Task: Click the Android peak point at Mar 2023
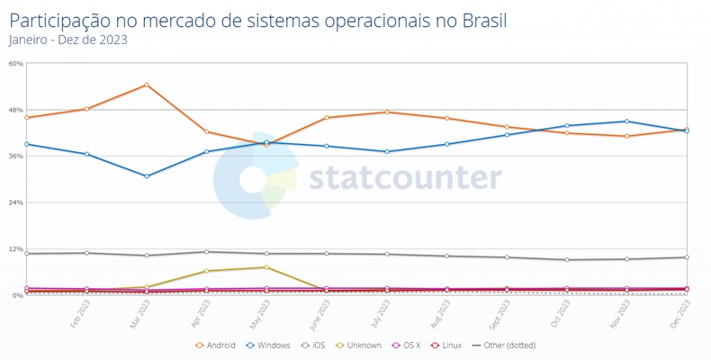(x=147, y=85)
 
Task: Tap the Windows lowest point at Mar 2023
(x=147, y=176)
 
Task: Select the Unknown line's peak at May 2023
(x=266, y=267)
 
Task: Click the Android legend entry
(x=216, y=345)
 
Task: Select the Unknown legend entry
(x=360, y=345)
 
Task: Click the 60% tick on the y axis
(x=15, y=64)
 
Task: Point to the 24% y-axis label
(x=15, y=202)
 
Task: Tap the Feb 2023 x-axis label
(x=81, y=316)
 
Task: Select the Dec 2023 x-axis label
(x=682, y=316)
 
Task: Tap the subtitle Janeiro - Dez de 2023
(x=67, y=40)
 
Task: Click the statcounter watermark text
(x=405, y=177)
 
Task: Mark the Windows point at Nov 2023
(x=626, y=121)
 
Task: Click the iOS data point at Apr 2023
(x=207, y=252)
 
